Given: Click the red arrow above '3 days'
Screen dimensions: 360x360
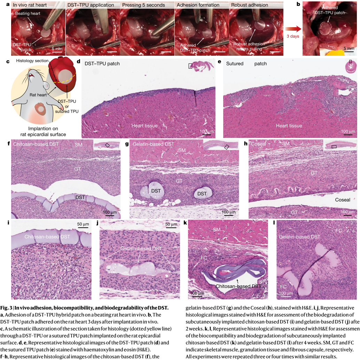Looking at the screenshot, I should (292, 30).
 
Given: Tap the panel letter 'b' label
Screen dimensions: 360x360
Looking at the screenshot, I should (298, 4).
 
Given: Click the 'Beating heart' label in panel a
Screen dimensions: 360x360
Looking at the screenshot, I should (28, 14).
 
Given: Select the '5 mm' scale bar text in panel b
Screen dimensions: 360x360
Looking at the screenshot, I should (349, 48).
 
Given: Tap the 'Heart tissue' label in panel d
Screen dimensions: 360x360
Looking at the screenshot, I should (144, 125).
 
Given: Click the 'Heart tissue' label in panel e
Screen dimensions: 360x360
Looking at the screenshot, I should (289, 125).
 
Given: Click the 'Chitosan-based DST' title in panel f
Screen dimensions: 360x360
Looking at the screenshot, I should (36, 144).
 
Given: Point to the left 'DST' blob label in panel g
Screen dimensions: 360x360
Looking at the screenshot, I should (156, 191).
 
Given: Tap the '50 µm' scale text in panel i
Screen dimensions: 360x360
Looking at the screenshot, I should (83, 224).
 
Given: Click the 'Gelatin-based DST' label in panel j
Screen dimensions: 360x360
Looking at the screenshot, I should (141, 248).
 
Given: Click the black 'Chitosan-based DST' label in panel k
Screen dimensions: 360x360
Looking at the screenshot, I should (238, 286).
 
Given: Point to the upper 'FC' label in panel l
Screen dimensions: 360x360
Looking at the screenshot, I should (338, 231).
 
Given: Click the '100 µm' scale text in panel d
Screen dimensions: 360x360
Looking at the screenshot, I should (206, 131).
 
